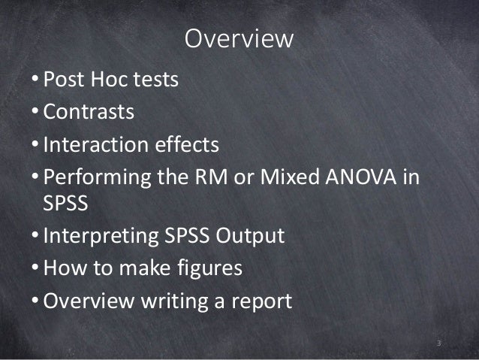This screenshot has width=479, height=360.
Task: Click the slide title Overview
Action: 239,39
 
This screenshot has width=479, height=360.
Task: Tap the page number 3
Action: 439,343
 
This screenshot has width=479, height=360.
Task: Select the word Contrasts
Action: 89,112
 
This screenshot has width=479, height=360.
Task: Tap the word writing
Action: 183,301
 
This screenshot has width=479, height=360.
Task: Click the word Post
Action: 65,79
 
